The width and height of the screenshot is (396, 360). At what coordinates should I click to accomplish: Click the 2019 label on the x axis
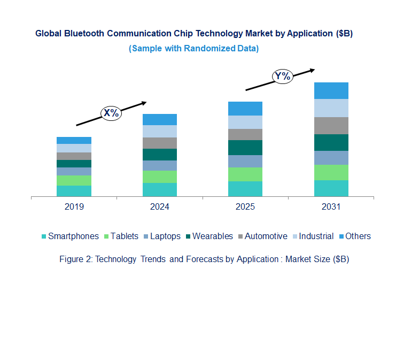(x=74, y=207)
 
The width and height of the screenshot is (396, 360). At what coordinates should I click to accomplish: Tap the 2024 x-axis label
(x=160, y=207)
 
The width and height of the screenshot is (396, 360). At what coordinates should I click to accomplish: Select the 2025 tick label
(x=245, y=207)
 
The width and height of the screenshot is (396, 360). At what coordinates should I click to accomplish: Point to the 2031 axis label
(x=331, y=207)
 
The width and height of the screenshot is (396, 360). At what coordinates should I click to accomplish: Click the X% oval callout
(x=111, y=113)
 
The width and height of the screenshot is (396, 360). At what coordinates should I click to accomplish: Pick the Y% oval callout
(x=282, y=76)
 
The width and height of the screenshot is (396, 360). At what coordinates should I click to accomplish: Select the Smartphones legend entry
(x=70, y=236)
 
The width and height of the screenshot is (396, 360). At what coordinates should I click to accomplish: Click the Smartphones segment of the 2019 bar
(x=74, y=191)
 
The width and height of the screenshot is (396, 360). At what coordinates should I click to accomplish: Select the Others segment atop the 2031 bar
(x=331, y=90)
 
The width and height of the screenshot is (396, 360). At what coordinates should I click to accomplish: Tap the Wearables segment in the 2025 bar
(x=245, y=148)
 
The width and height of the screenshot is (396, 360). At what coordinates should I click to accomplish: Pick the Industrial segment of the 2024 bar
(x=160, y=131)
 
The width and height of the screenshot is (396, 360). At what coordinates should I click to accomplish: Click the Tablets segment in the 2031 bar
(x=331, y=172)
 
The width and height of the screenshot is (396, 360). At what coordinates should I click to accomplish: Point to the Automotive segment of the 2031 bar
(x=331, y=126)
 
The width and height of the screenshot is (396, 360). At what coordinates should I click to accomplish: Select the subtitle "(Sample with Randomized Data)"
(x=193, y=48)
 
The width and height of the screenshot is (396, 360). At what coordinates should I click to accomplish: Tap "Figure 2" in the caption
(x=75, y=259)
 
